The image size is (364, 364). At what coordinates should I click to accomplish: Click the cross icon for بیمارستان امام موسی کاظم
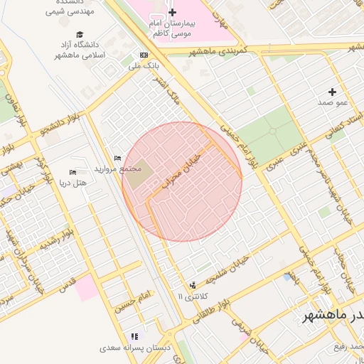(x=172, y=13)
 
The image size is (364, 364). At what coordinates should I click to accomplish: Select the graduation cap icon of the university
(x=79, y=35)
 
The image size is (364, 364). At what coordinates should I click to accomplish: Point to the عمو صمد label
(x=332, y=103)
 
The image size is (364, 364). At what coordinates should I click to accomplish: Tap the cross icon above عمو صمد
(x=332, y=92)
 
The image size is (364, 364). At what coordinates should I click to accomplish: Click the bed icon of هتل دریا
(x=73, y=172)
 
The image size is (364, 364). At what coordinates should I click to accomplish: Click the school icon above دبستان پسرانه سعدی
(x=134, y=336)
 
